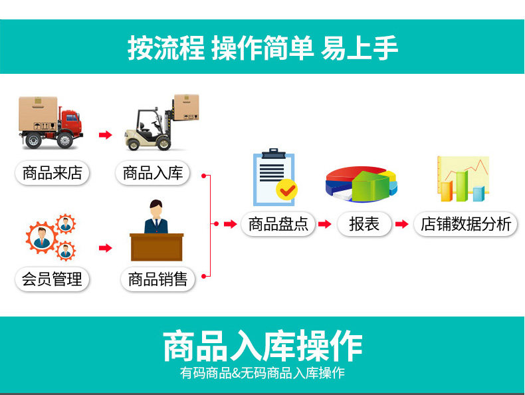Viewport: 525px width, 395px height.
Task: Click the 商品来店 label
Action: coord(52,174)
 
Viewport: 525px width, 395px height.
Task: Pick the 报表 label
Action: coord(364,224)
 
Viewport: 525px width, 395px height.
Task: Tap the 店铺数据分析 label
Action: coord(465,224)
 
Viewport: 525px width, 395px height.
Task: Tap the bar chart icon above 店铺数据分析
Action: coord(463,179)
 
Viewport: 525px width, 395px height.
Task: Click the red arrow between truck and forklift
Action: coord(104,135)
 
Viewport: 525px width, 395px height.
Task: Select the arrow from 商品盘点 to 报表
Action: coord(324,224)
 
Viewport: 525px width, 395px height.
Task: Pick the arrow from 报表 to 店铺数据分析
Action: coord(401,224)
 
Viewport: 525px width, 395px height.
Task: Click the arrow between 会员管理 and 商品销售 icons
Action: coord(105,248)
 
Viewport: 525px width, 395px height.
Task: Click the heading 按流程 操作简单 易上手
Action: coord(262,48)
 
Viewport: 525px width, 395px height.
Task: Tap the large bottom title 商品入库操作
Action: coord(262,346)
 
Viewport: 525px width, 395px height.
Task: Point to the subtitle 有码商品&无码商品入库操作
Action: coord(262,373)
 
